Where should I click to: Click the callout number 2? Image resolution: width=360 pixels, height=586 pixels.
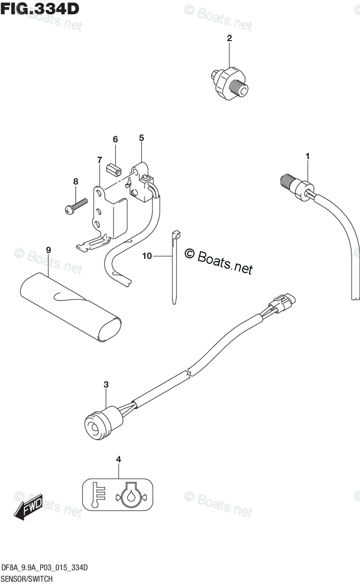229,38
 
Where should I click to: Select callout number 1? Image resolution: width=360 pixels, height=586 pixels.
308,156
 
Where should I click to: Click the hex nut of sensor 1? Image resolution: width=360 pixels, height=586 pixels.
303,188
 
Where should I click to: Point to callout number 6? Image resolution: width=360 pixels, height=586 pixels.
115,140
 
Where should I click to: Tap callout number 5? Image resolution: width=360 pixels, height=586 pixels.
141,138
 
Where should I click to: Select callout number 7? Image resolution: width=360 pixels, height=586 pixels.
99,160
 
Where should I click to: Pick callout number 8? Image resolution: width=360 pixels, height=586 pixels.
76,182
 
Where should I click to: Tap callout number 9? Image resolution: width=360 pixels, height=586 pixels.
48,250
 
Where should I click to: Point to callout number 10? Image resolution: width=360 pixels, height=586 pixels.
148,255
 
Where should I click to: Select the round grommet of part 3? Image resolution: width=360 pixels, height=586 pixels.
94,423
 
